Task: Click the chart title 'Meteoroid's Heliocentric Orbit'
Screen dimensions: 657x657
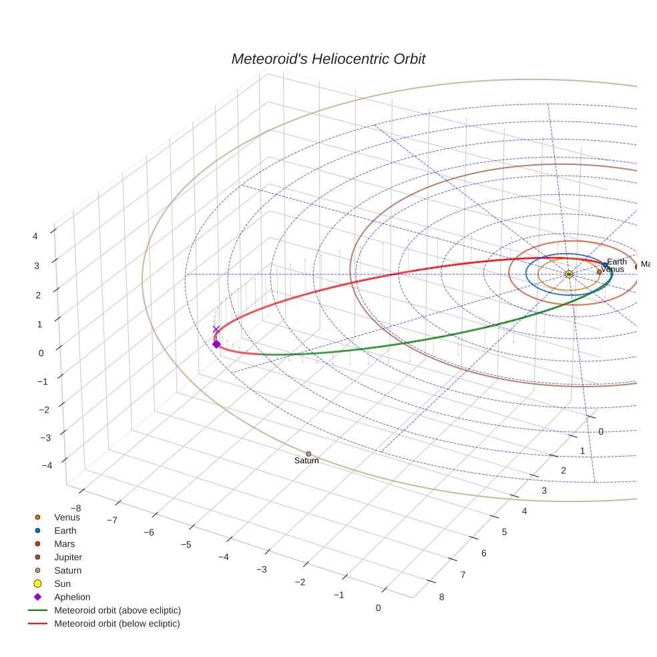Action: click(x=328, y=59)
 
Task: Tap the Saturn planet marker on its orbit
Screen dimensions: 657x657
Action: click(x=308, y=454)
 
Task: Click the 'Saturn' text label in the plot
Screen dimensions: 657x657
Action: click(x=306, y=461)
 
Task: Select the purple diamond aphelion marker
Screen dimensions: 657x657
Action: click(x=216, y=344)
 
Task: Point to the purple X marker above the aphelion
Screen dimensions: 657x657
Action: click(x=216, y=329)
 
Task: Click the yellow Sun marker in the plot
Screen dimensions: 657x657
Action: click(x=569, y=274)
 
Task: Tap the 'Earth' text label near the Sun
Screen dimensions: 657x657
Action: click(x=617, y=262)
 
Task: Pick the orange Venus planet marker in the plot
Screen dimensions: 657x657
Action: click(x=599, y=272)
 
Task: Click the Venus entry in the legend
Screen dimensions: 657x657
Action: click(x=67, y=517)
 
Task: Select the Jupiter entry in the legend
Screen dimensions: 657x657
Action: click(x=68, y=557)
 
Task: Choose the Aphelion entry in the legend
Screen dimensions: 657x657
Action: click(x=72, y=597)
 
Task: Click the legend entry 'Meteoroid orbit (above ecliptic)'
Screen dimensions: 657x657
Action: click(x=118, y=610)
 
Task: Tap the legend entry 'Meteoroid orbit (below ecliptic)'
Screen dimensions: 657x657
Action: click(x=117, y=624)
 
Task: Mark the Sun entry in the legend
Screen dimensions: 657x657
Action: click(x=62, y=584)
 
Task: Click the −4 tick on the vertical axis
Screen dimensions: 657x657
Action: click(x=46, y=466)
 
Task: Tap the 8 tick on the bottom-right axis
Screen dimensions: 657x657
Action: click(x=441, y=597)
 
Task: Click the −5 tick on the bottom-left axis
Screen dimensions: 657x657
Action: click(x=186, y=544)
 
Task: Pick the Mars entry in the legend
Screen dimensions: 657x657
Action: click(x=65, y=543)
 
